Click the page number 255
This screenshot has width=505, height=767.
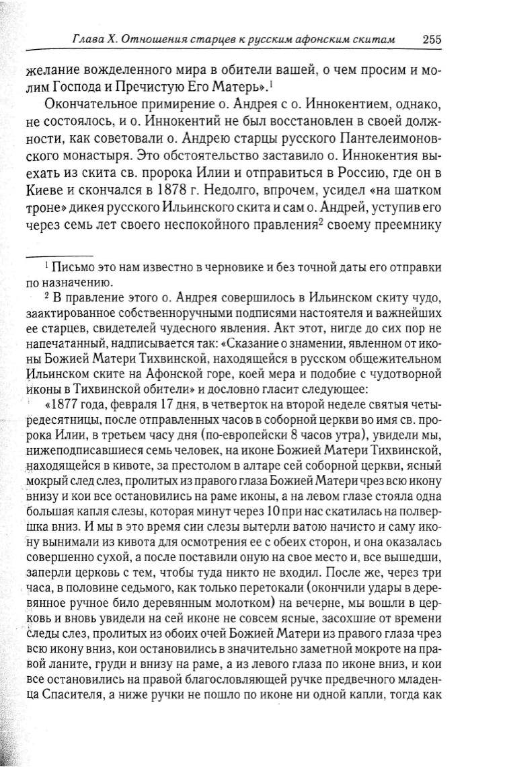[432, 38]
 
